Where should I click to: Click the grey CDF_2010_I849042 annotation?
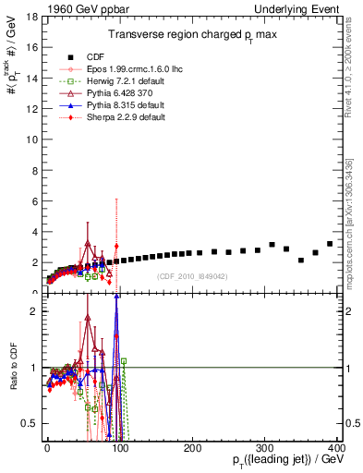point(192,276)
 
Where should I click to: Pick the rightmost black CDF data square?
point(330,244)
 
